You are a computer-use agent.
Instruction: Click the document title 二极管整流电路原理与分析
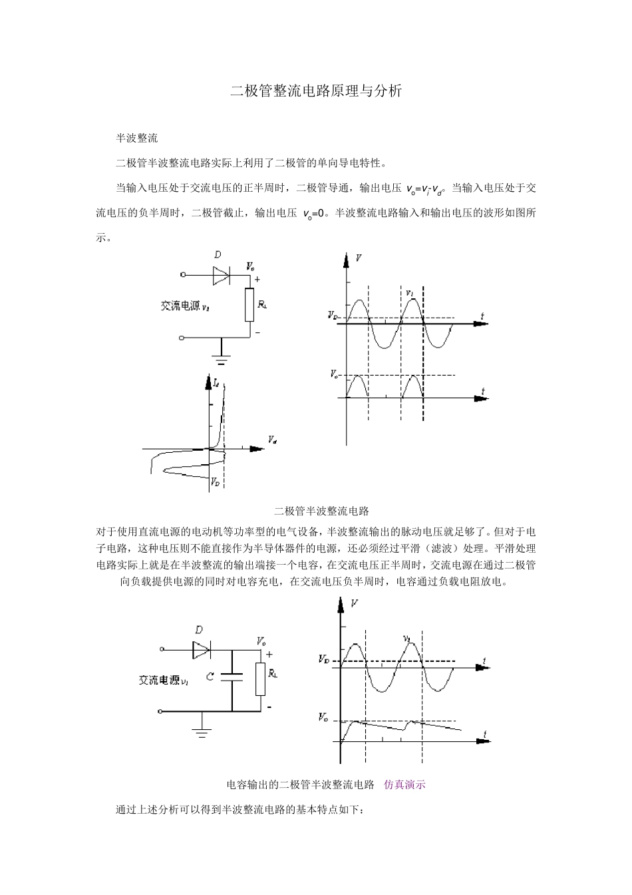click(316, 91)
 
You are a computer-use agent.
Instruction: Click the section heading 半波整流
click(136, 139)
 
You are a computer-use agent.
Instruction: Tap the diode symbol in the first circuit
click(221, 274)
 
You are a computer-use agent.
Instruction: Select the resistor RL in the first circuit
click(249, 304)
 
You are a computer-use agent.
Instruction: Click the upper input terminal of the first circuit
click(182, 274)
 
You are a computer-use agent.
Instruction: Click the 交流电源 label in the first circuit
click(180, 306)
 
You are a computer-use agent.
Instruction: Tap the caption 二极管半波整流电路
click(321, 511)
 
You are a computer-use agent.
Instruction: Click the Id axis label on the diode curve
click(216, 382)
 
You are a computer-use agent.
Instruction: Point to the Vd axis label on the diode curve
click(272, 440)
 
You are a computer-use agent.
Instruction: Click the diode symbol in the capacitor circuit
click(201, 649)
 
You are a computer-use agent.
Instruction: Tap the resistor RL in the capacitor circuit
click(261, 679)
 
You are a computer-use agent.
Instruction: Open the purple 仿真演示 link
click(404, 784)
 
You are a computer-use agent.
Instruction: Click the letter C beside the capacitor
click(210, 677)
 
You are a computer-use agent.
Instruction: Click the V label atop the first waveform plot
click(359, 257)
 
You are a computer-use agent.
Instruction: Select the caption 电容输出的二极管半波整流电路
click(301, 784)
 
